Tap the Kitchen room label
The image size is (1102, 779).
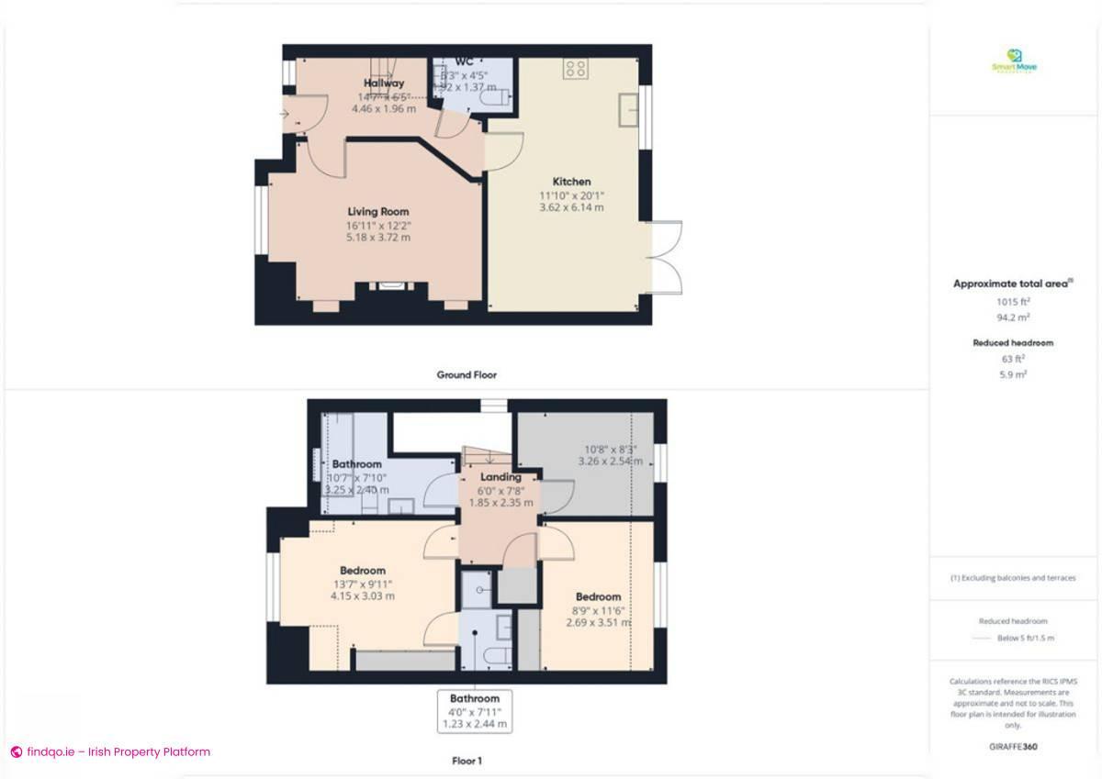tap(571, 182)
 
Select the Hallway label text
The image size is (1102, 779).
tap(383, 83)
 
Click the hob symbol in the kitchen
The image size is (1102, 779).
tap(576, 67)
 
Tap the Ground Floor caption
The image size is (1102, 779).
tap(467, 374)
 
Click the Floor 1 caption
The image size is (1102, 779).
tap(467, 761)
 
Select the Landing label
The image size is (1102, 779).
tap(500, 477)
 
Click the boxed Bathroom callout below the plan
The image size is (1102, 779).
tap(474, 710)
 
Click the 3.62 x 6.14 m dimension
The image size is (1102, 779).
tap(571, 207)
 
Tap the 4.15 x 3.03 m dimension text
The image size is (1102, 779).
tap(363, 595)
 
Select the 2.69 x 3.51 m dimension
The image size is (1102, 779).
tap(599, 622)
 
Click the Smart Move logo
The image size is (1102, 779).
tap(1014, 61)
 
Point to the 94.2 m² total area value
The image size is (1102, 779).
tap(1013, 317)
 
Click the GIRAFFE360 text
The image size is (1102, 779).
tap(1013, 747)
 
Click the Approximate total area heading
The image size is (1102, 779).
tap(1011, 284)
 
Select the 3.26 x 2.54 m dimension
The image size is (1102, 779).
tap(608, 462)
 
